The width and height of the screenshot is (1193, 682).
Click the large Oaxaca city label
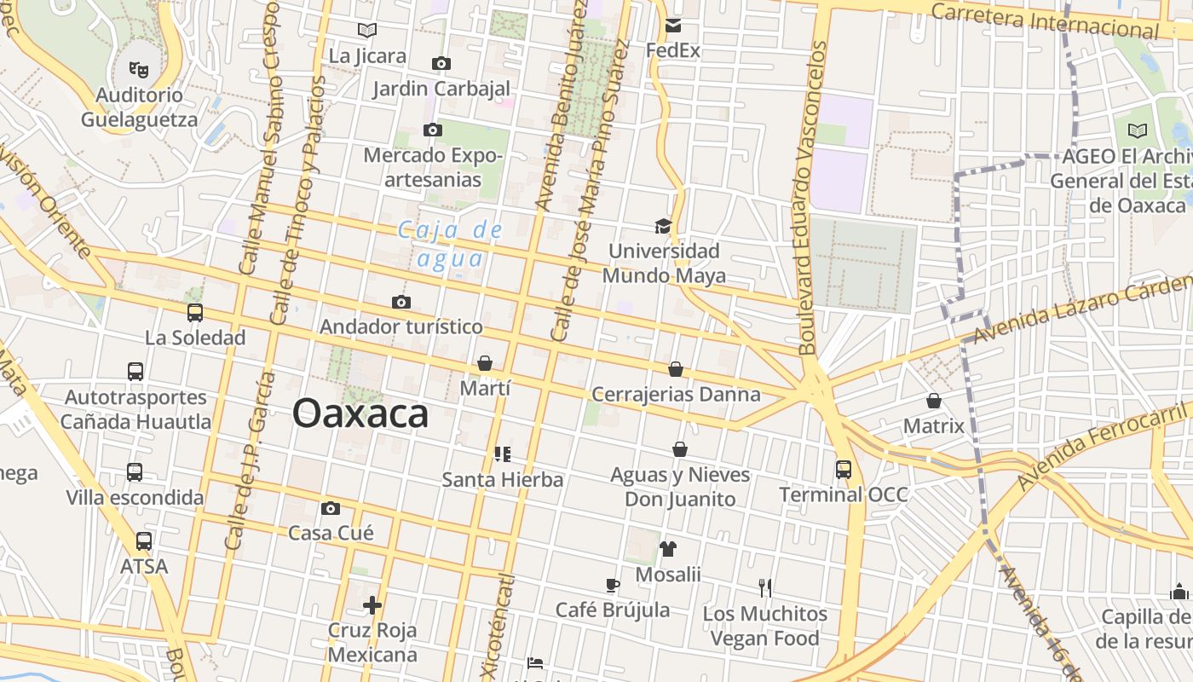(x=360, y=414)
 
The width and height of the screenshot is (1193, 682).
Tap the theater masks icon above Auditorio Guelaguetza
(x=138, y=68)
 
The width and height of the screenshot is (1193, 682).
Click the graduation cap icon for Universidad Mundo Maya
(x=663, y=226)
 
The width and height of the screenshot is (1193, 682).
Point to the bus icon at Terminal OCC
(x=844, y=469)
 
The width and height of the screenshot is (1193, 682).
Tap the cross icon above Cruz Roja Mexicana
(x=372, y=605)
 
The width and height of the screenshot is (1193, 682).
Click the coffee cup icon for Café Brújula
(x=612, y=585)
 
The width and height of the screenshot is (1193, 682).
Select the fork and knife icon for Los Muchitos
(x=765, y=587)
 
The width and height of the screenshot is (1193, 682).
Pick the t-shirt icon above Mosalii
(x=667, y=549)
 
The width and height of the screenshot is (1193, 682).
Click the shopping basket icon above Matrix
(x=934, y=400)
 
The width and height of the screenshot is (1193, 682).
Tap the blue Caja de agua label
(x=451, y=244)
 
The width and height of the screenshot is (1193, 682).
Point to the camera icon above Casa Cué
(x=331, y=508)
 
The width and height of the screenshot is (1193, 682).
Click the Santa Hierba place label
(x=502, y=480)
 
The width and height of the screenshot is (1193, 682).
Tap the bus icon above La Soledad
(x=195, y=313)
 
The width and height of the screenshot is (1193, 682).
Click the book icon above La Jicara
(x=367, y=31)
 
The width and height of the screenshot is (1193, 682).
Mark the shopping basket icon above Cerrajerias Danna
(x=676, y=369)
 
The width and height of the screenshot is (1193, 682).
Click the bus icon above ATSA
(x=144, y=541)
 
